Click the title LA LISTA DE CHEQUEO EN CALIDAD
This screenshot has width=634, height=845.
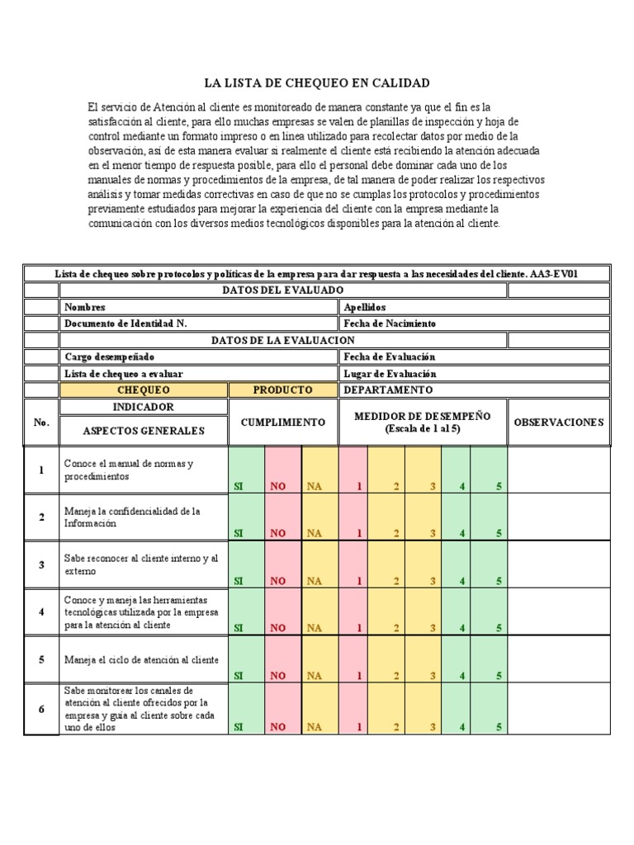317,83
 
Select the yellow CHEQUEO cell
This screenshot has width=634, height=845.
144,389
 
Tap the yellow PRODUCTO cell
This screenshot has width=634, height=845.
283,389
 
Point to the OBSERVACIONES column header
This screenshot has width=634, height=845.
558,422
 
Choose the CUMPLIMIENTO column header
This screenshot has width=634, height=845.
283,422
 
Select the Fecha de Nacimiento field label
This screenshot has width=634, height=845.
390,323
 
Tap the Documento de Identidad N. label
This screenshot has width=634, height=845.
125,323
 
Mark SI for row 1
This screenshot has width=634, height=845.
239,485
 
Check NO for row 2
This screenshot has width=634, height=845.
277,533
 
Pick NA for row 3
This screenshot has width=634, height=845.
315,581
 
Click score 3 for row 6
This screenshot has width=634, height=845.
433,727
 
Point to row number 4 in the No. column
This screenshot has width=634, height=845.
41,611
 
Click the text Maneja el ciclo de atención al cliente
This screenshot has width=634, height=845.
141,660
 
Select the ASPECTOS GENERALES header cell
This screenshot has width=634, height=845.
143,431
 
